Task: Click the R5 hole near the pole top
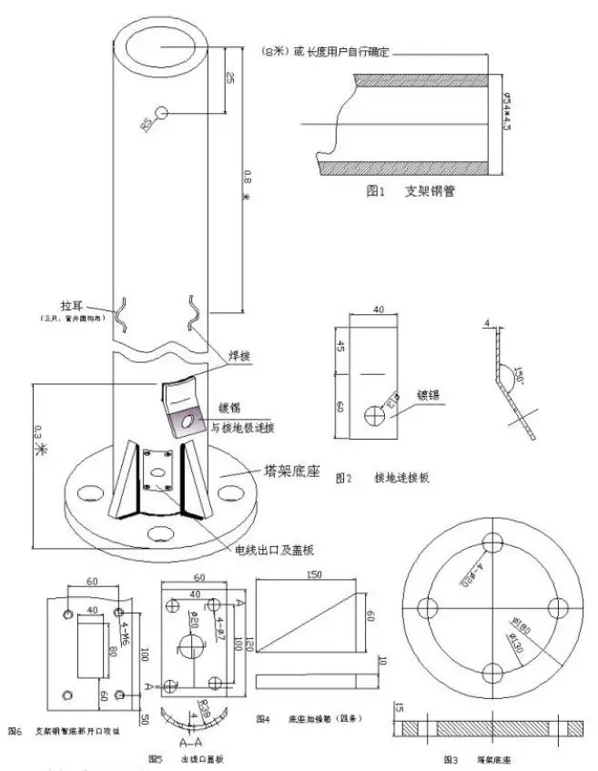[x=162, y=112]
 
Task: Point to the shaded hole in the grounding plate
[x=190, y=421]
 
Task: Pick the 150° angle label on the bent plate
[x=520, y=375]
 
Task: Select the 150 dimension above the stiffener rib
[x=314, y=575]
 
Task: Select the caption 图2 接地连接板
[x=381, y=477]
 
